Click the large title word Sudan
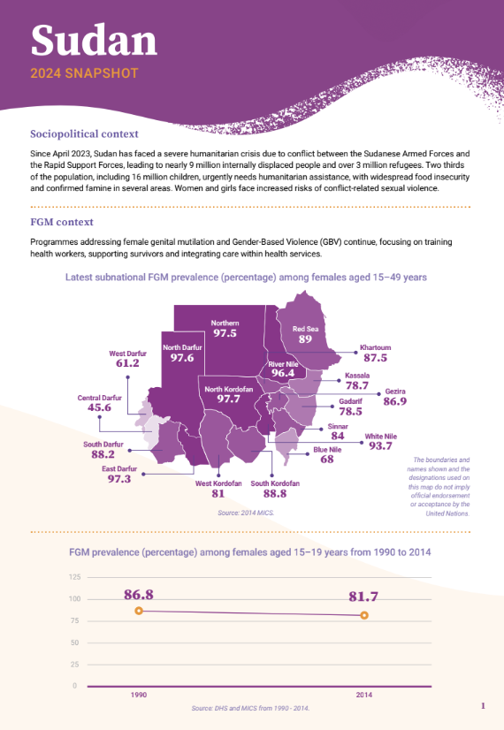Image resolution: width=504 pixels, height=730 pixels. tap(94, 40)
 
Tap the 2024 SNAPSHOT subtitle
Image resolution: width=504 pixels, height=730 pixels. tap(84, 73)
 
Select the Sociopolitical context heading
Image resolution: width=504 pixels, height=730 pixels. tap(84, 134)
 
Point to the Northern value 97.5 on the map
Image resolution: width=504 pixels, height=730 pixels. tap(225, 334)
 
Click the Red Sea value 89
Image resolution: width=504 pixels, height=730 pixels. tap(305, 339)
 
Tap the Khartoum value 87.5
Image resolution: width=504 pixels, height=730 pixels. tap(374, 358)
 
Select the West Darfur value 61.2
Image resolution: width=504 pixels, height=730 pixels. tap(127, 363)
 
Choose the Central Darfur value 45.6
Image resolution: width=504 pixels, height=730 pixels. tap(99, 408)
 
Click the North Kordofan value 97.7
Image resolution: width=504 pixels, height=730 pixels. tap(229, 399)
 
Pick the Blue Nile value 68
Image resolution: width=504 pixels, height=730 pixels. tap(326, 460)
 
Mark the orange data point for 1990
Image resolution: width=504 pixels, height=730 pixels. tap(139, 612)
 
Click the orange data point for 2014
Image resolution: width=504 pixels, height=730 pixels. tap(364, 615)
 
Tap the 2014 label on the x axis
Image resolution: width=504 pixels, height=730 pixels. tap(364, 696)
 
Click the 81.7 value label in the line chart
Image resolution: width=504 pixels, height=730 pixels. tap(364, 596)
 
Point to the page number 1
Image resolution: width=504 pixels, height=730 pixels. tap(483, 706)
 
